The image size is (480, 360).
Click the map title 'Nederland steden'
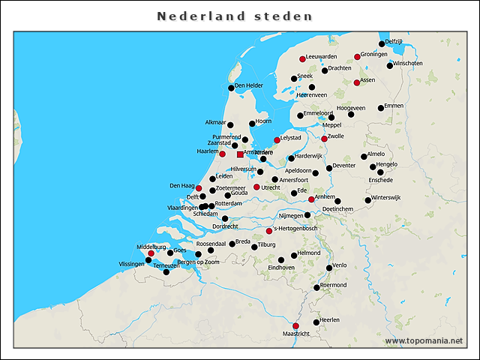(x=235, y=16)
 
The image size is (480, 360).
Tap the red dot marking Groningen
(x=357, y=56)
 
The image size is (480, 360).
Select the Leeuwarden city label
(x=322, y=56)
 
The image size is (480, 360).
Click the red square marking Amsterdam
(x=240, y=154)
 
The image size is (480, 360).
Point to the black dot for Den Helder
(x=231, y=88)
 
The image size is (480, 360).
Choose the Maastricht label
(x=295, y=332)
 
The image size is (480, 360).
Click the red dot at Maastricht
(x=295, y=325)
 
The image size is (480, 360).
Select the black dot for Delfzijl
(x=382, y=44)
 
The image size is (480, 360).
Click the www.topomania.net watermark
(x=424, y=341)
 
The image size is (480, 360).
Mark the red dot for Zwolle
(x=324, y=139)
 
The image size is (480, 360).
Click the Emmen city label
(x=393, y=106)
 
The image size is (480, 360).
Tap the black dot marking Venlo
(x=329, y=268)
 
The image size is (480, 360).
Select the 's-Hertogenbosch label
(x=296, y=229)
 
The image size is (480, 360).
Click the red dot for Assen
(x=356, y=82)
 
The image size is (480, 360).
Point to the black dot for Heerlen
(x=316, y=322)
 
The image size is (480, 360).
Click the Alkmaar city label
(x=215, y=122)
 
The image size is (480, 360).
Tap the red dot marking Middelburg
(x=151, y=253)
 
